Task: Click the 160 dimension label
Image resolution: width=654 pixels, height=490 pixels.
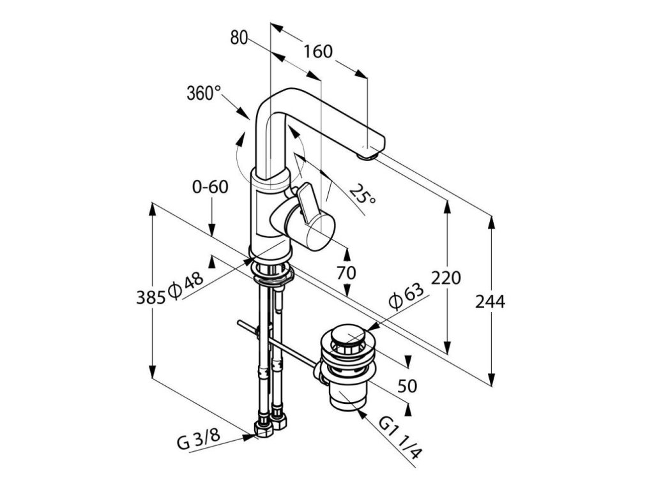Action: pyautogui.click(x=318, y=51)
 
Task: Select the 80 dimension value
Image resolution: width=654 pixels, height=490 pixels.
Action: pyautogui.click(x=239, y=38)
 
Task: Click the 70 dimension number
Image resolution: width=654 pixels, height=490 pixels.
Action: pyautogui.click(x=346, y=273)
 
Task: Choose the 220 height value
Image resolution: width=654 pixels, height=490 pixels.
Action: pyautogui.click(x=446, y=279)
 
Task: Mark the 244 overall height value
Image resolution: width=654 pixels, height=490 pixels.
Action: pyautogui.click(x=490, y=302)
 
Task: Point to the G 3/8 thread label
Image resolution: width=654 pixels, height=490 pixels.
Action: pyautogui.click(x=199, y=443)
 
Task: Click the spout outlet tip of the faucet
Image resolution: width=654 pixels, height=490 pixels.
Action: pyautogui.click(x=369, y=152)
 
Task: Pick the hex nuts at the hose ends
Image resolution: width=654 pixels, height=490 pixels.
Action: pyautogui.click(x=270, y=427)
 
